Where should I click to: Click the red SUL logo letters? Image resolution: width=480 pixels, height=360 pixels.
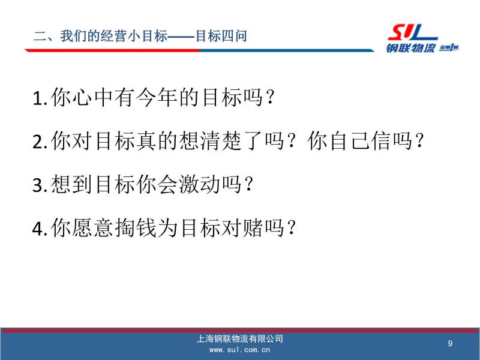tap(413, 33)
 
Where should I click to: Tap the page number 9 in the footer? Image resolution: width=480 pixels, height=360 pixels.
tap(450, 343)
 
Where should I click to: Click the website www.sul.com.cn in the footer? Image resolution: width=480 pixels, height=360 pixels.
tap(239, 350)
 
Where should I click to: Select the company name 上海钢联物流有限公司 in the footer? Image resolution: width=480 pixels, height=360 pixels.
tap(239, 338)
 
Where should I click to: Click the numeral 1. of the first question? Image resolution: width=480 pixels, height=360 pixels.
tap(40, 98)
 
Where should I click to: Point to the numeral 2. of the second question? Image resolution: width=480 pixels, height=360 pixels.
tap(40, 142)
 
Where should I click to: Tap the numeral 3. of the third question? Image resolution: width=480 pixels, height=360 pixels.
tap(40, 185)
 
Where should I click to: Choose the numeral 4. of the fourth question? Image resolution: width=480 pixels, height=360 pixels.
tap(40, 229)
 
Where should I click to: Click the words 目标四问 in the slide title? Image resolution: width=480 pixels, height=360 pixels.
tap(221, 36)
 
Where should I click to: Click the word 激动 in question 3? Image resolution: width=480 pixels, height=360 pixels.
tap(199, 185)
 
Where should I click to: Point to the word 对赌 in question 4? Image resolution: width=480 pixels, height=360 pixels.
tap(242, 228)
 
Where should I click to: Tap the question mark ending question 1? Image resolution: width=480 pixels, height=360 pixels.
tap(271, 98)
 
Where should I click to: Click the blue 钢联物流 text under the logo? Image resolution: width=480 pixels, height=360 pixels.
tap(410, 48)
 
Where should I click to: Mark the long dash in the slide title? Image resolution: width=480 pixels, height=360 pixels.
tap(181, 37)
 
